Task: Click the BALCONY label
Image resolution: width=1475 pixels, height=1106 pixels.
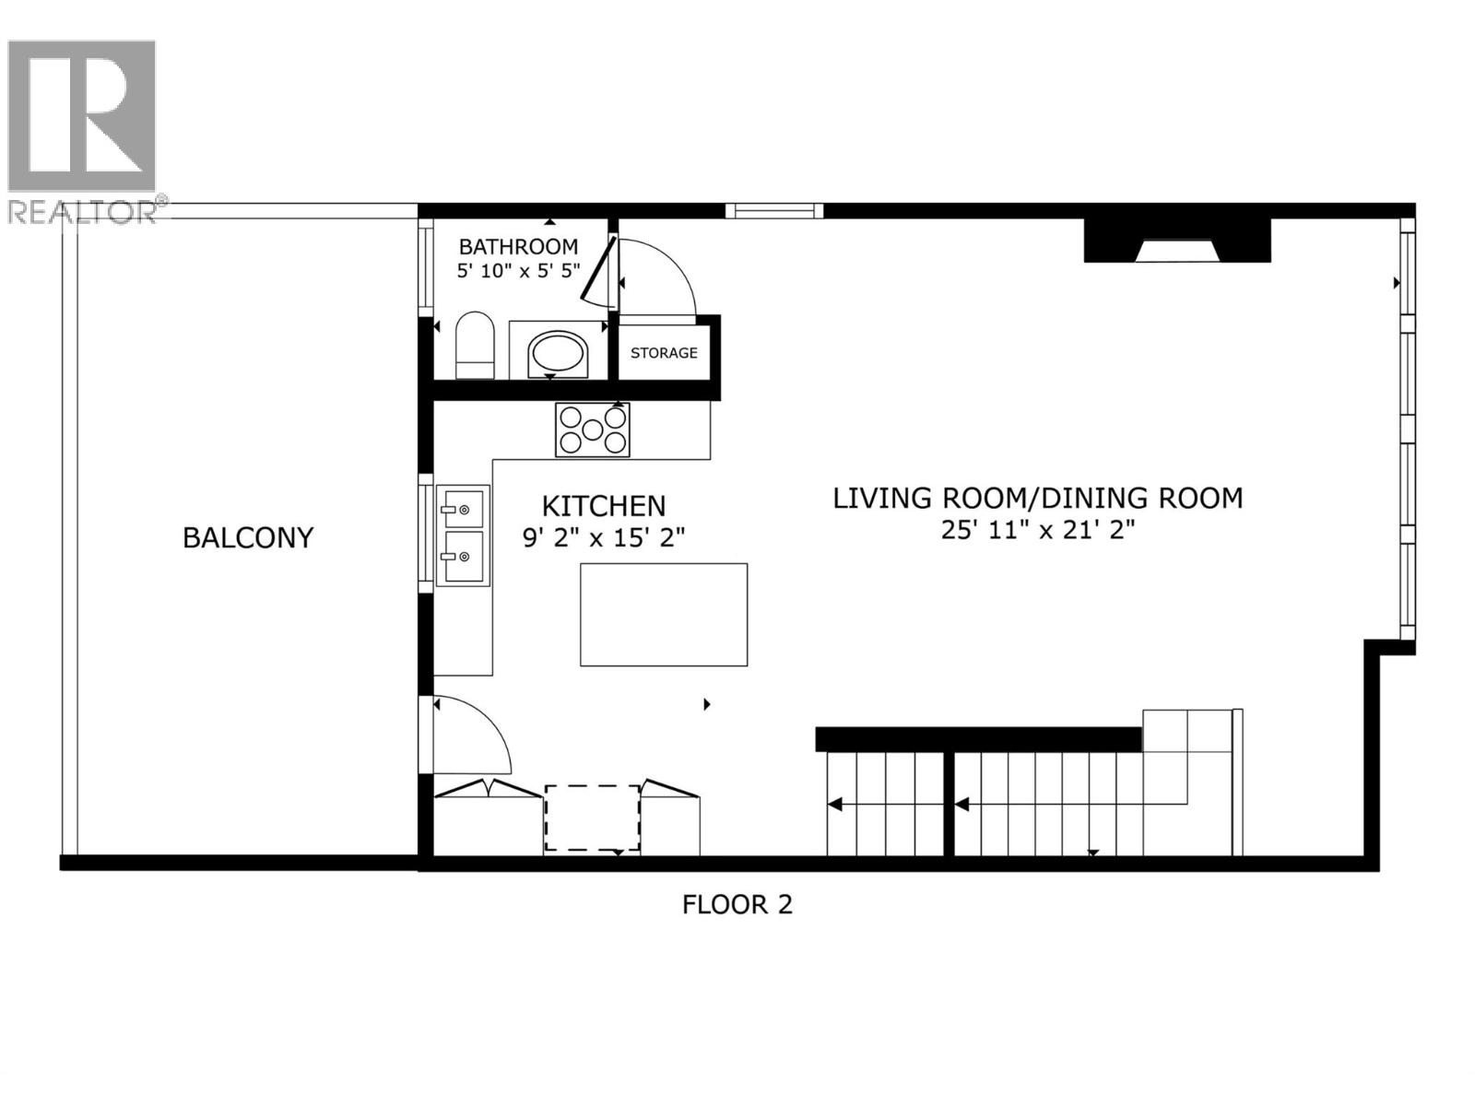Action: pos(248,537)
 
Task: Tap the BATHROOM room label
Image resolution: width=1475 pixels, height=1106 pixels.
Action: pos(518,247)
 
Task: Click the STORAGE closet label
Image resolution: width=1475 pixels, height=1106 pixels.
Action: pos(664,353)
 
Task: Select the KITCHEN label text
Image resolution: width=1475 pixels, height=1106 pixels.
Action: pos(603,506)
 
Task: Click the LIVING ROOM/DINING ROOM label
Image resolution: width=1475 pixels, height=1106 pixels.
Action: pos(1037,499)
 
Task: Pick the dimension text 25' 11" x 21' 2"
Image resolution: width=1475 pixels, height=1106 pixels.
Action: pos(1037,530)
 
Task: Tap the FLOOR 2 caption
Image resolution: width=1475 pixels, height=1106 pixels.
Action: pos(737,904)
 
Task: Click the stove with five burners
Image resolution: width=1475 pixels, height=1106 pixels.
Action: pos(593,430)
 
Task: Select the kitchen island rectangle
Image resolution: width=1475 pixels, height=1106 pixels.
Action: pos(663,615)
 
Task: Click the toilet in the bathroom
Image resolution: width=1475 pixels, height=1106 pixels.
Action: pos(476,346)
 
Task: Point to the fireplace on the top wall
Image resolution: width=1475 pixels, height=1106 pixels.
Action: pos(1177,241)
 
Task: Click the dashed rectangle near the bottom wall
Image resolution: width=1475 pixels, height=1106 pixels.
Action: pos(593,818)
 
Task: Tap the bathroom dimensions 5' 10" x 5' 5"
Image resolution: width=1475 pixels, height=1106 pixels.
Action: pos(518,272)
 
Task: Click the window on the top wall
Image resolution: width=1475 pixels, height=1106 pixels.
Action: pos(774,211)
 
